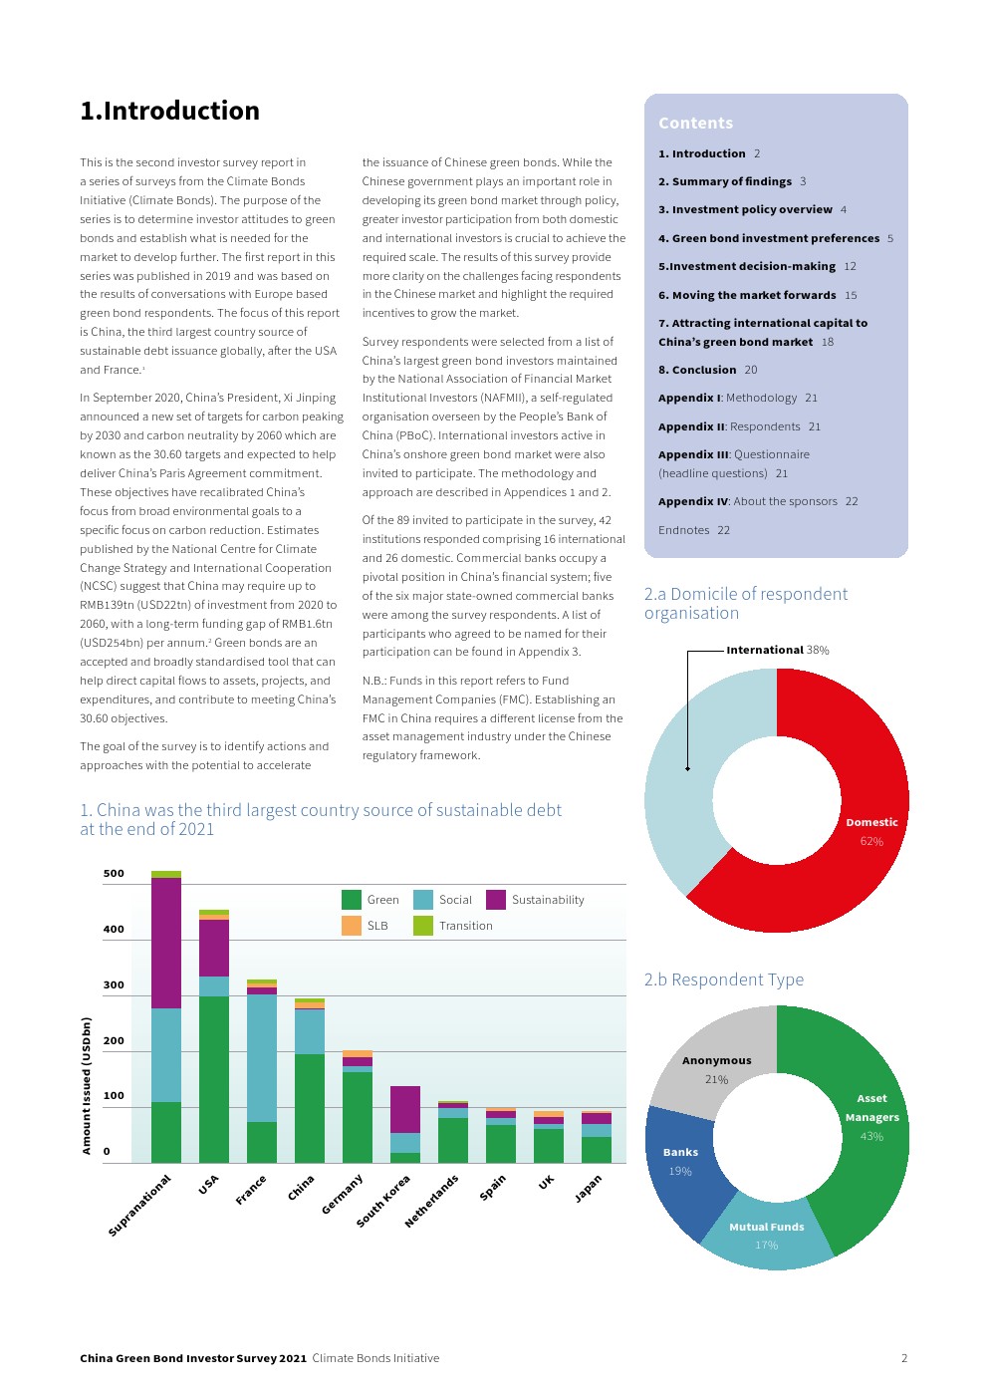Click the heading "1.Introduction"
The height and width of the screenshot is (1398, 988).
coord(169,111)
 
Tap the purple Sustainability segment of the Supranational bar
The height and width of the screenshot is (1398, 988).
coord(166,942)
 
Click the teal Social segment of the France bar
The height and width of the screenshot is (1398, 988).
coord(262,1057)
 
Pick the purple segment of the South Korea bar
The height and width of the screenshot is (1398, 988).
coord(404,1108)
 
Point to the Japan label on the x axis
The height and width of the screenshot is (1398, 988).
coord(589,1187)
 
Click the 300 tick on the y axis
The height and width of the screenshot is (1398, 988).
coord(114,984)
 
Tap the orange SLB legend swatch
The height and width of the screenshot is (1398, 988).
coord(351,926)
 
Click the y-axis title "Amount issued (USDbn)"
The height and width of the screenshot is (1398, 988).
coord(87,1085)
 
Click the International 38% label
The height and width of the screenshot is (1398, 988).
coord(777,650)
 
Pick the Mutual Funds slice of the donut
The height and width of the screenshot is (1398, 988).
coord(766,1236)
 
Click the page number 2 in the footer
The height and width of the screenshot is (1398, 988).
coord(903,1357)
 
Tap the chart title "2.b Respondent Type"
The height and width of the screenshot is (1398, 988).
coord(723,979)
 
